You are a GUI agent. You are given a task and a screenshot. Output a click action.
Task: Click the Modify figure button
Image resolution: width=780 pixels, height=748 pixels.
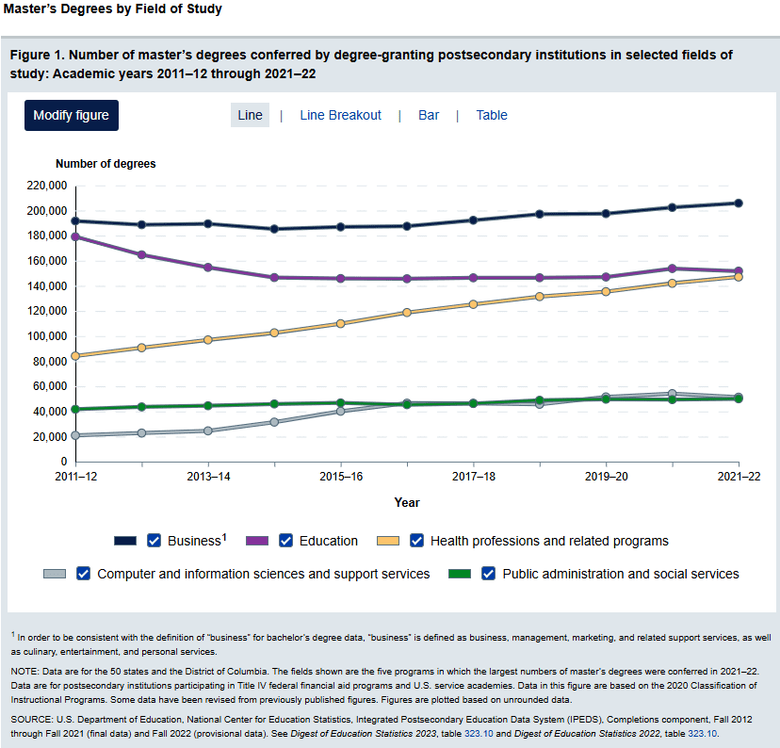coord(71,115)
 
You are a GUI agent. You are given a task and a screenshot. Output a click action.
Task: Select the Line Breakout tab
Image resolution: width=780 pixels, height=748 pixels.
coord(340,115)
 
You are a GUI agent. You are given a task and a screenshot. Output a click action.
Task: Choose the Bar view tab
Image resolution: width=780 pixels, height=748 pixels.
coord(429,115)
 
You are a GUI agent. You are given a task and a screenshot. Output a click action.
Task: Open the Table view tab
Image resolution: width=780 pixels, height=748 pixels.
coord(492,115)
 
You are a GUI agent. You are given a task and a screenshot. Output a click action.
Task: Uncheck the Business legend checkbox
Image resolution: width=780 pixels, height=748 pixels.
coord(154,541)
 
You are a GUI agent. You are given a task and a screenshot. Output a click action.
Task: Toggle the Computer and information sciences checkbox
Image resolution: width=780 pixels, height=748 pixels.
coord(84,574)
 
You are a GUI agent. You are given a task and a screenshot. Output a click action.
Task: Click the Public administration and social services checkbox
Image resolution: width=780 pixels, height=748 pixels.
coord(489,574)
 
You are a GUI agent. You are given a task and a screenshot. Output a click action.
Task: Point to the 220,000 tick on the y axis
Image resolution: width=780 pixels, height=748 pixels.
coord(46,186)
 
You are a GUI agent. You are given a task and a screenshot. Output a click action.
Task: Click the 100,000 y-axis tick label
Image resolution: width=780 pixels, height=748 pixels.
coord(46,336)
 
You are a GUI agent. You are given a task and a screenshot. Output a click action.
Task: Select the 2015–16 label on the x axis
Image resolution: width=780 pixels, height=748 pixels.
coord(340,478)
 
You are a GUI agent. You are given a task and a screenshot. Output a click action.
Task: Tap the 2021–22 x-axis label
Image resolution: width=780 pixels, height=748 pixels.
coord(738,478)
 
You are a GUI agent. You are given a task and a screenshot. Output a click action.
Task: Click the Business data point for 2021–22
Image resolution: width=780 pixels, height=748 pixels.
coord(739,203)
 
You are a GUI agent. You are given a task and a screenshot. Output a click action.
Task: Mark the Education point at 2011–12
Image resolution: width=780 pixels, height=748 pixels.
coord(74,237)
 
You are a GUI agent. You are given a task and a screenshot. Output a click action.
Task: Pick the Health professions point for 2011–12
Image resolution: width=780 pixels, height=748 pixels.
coord(74,356)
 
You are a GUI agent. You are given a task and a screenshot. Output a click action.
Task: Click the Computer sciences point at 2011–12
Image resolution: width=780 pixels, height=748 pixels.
coord(74,435)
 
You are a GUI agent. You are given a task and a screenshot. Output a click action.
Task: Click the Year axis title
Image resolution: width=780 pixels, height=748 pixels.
coord(407,503)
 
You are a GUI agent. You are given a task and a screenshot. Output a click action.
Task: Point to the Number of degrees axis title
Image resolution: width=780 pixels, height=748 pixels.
coord(106,164)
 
